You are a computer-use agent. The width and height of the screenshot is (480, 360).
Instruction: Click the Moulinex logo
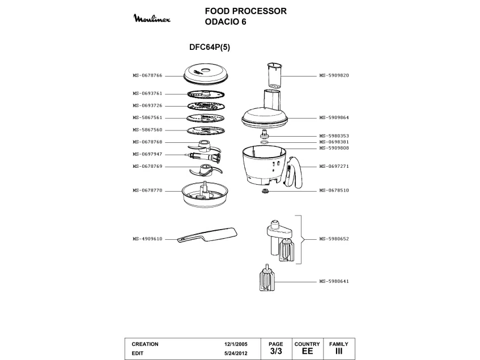tap(152, 18)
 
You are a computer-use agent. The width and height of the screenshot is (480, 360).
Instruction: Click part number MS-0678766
tap(147, 75)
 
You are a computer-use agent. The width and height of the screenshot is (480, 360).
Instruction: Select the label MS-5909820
tap(334, 75)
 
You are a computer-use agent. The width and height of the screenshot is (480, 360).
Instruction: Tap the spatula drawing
tap(207, 235)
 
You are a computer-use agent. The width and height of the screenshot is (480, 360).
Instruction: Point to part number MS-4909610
tap(147, 239)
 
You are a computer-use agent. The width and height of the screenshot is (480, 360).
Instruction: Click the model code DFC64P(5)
tap(210, 47)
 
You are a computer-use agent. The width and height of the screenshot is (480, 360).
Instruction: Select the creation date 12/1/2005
tap(236, 344)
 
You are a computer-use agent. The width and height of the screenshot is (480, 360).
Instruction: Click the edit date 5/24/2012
tap(236, 353)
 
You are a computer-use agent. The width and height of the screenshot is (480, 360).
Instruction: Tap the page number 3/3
tap(276, 351)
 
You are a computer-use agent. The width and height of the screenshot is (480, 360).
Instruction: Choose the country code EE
tap(307, 351)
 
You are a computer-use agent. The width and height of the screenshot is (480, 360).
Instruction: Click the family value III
tap(339, 351)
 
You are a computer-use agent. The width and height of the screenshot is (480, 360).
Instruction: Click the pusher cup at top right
tap(274, 75)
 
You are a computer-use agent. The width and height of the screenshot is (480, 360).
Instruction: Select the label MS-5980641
tap(334, 281)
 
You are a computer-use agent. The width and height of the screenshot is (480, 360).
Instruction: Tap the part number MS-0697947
tap(147, 154)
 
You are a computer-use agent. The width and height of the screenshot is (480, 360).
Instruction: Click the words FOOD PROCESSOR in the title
tap(246, 11)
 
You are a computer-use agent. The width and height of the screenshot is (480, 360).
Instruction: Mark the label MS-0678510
tap(334, 190)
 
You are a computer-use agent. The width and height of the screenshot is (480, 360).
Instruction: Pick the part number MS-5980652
tap(334, 239)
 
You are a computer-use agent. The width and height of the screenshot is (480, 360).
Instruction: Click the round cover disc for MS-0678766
tap(206, 74)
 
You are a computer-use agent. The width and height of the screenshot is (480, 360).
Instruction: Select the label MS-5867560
tap(147, 130)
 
